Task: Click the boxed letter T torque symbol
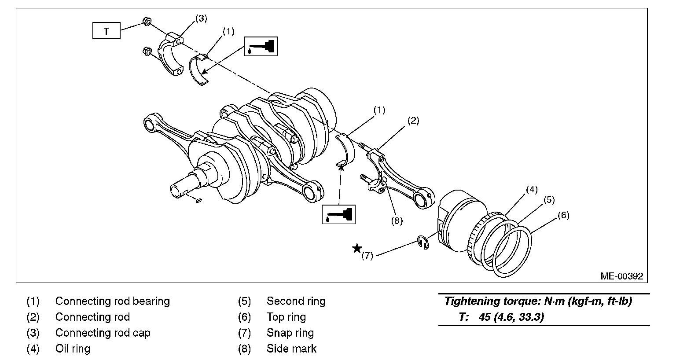[106, 32]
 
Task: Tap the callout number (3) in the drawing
[201, 18]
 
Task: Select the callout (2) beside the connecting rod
[412, 120]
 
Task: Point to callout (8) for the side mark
[397, 221]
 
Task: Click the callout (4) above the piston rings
[532, 190]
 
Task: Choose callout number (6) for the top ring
[563, 215]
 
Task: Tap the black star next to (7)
[357, 249]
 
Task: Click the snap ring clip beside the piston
[422, 242]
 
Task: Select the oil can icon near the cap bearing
[261, 46]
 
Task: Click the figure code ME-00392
[622, 276]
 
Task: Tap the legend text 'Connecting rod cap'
[103, 333]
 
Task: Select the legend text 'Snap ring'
[290, 333]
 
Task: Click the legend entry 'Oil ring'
[73, 349]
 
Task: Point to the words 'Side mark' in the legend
[291, 349]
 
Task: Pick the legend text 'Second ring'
[296, 301]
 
